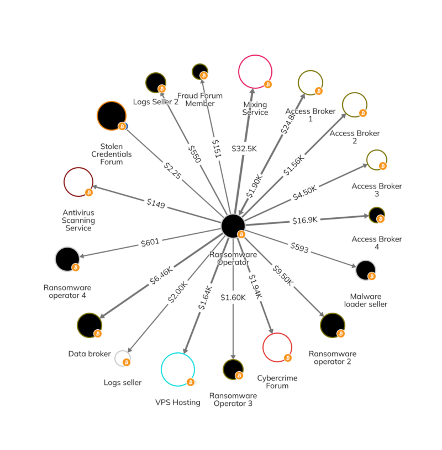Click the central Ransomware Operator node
point(233,225)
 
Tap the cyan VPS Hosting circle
point(178,369)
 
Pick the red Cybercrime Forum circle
point(277,347)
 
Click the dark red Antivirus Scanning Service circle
point(79,183)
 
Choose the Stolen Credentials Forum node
point(112,116)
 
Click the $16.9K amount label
point(304,220)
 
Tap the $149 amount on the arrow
point(156,203)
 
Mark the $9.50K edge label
point(282,276)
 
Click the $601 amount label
point(150,243)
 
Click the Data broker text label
point(90,353)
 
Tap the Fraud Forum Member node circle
point(199,71)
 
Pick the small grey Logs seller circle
point(122,358)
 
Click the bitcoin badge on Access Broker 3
point(383,166)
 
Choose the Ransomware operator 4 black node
point(67,259)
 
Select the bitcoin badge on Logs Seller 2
point(162,89)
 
